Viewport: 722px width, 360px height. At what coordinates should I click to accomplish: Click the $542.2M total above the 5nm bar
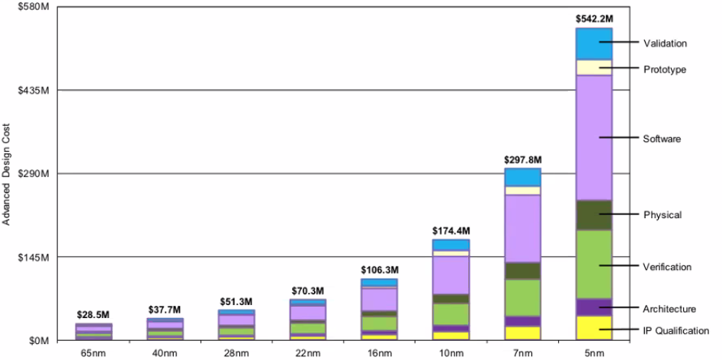point(594,18)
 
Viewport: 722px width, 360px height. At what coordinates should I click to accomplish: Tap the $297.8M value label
point(522,160)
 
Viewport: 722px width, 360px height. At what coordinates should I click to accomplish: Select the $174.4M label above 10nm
point(451,230)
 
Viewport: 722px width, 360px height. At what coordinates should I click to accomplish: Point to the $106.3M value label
point(380,270)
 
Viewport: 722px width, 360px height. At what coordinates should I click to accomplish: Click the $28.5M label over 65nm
point(94,315)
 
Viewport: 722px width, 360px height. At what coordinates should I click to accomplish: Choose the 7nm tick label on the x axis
point(522,352)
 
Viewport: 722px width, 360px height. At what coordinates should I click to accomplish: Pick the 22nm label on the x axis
point(308,352)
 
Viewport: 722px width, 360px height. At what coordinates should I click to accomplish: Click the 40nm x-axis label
point(165,352)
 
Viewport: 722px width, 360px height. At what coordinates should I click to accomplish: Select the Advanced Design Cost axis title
point(7,173)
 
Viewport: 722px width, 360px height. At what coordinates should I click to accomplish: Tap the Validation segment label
point(665,43)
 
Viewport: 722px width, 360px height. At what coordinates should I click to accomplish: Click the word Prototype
point(665,69)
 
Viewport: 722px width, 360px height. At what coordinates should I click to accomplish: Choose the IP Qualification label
point(675,330)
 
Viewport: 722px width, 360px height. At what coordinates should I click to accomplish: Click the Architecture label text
point(669,309)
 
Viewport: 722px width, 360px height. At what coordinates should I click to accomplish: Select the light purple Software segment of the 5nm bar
point(594,137)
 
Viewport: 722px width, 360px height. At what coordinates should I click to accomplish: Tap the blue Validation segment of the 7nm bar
point(522,177)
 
